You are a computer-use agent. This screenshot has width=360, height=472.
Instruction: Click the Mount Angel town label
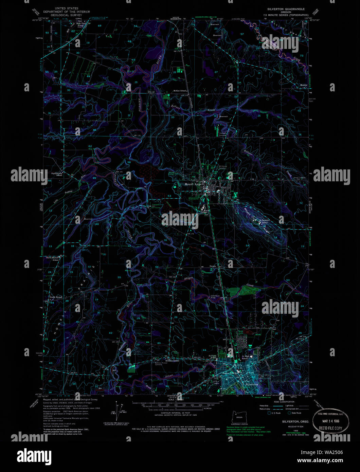(193, 184)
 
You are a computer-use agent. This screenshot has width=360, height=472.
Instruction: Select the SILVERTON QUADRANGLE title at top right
(286, 9)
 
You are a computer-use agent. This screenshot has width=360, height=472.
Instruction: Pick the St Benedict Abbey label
(265, 221)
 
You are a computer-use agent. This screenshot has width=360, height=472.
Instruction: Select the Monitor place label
(303, 85)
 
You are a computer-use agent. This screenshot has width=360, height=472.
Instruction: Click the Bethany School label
(172, 360)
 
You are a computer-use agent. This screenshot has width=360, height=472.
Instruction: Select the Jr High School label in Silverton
(245, 357)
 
